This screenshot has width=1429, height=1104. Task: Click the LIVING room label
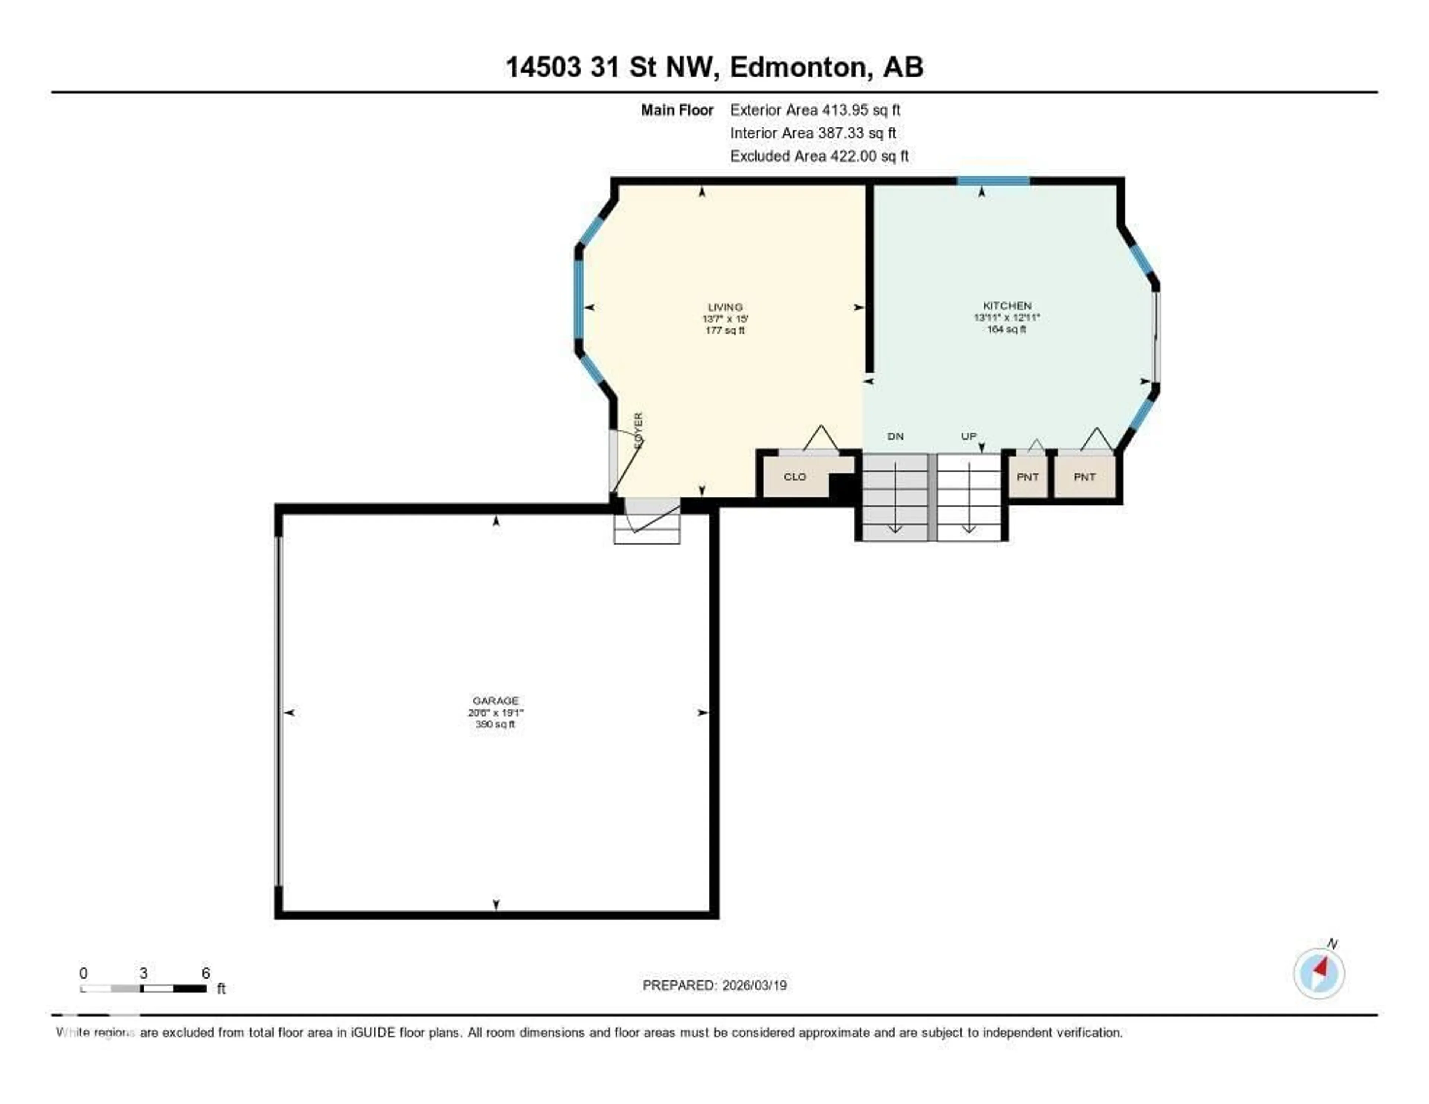point(725,307)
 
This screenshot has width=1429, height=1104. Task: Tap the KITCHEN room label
point(1007,306)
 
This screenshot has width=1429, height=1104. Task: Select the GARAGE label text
point(495,701)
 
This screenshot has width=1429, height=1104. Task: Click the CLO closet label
point(795,477)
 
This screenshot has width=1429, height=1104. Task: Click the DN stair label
point(895,437)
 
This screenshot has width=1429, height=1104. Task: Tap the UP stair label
point(968,437)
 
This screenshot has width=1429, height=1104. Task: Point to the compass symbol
point(1319,973)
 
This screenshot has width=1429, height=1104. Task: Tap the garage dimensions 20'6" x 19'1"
point(495,713)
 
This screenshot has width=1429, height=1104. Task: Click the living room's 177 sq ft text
point(725,331)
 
